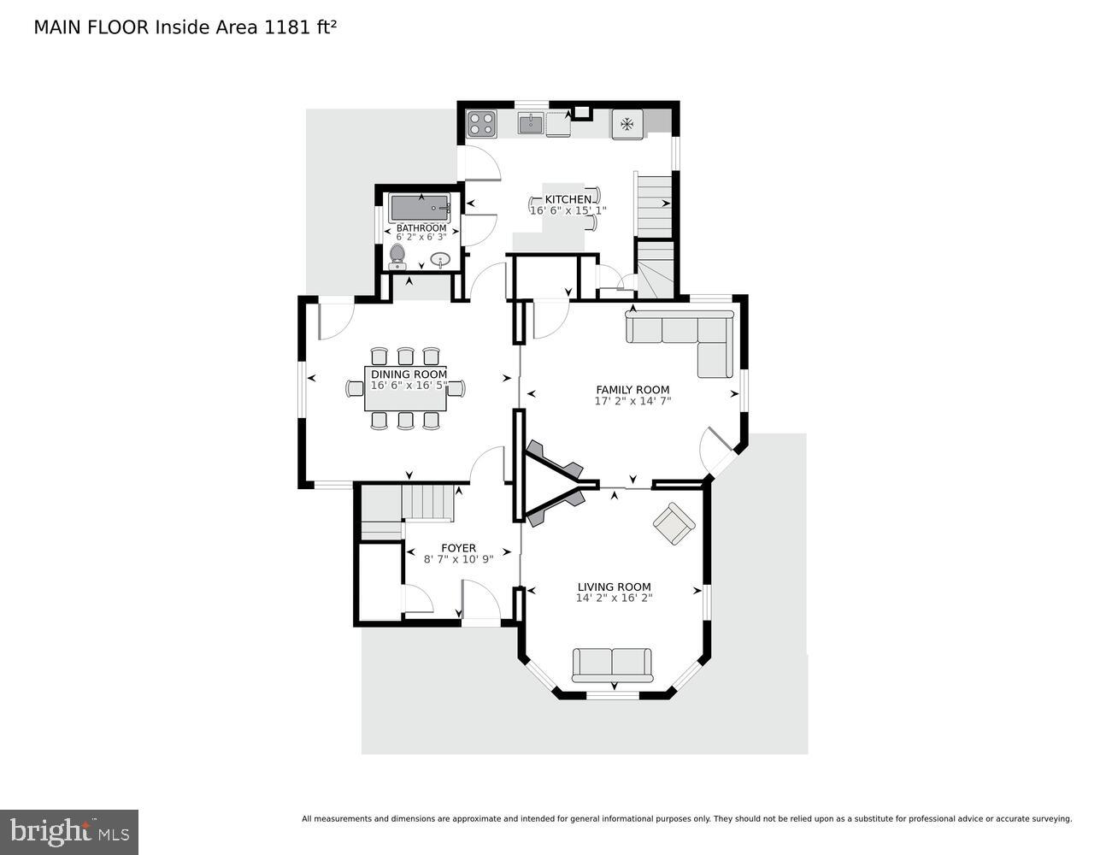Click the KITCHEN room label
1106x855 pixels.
(x=568, y=199)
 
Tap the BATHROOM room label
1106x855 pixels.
(x=421, y=228)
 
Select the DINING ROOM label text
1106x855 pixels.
(x=409, y=374)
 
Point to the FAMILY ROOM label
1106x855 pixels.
(x=632, y=390)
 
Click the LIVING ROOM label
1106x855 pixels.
(x=614, y=587)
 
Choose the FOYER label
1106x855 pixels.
(x=458, y=548)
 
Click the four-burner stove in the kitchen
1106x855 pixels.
(x=482, y=124)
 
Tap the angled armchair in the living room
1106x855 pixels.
(x=674, y=522)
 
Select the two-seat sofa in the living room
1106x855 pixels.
(x=612, y=664)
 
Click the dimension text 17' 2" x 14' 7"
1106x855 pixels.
(x=632, y=400)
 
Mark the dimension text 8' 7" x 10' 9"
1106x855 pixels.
(x=458, y=559)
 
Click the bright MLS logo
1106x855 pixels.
(x=69, y=831)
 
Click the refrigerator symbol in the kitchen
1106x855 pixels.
(x=627, y=124)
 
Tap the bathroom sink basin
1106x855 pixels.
(x=441, y=259)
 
